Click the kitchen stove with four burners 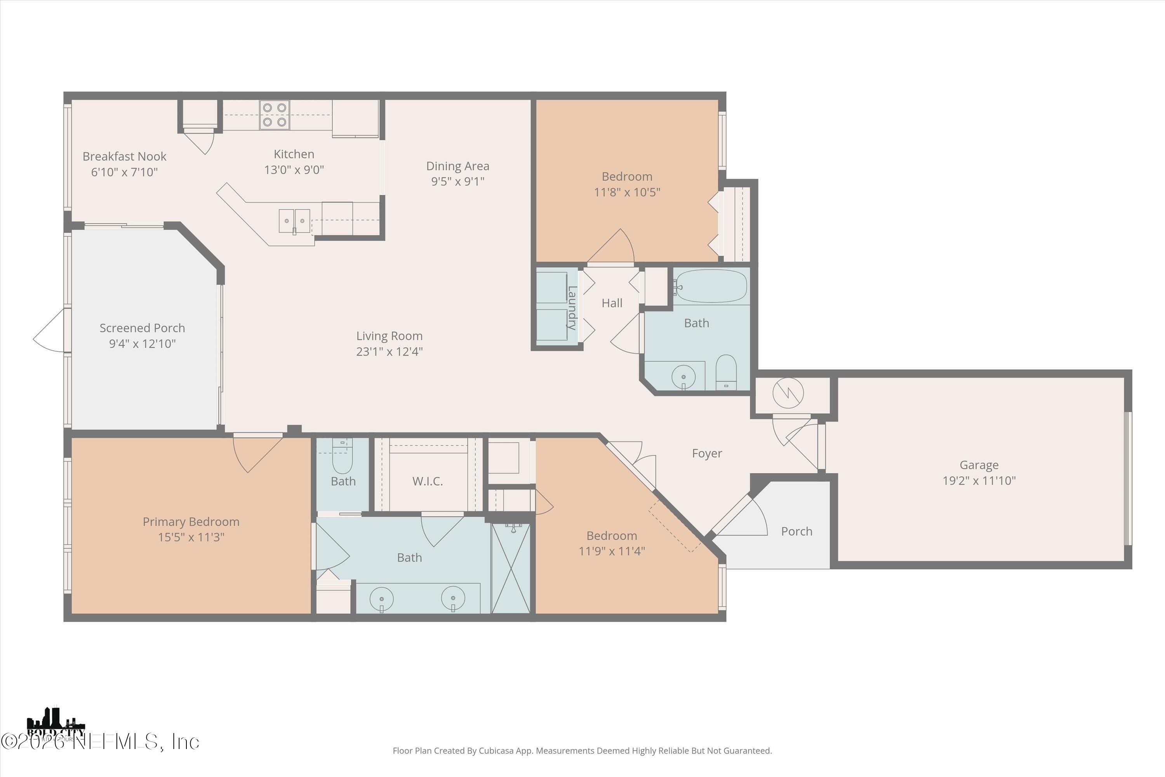(x=275, y=115)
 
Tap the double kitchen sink (x=294, y=221)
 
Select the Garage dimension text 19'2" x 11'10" (x=979, y=480)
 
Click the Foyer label (x=707, y=453)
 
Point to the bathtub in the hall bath (x=711, y=286)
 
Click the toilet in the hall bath (x=726, y=373)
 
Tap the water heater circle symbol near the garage (x=788, y=393)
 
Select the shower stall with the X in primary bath (x=511, y=568)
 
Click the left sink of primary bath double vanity (x=381, y=599)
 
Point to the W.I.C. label (x=428, y=481)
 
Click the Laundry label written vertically (x=572, y=308)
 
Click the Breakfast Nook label (x=124, y=157)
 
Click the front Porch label (x=796, y=531)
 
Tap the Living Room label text (x=389, y=336)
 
